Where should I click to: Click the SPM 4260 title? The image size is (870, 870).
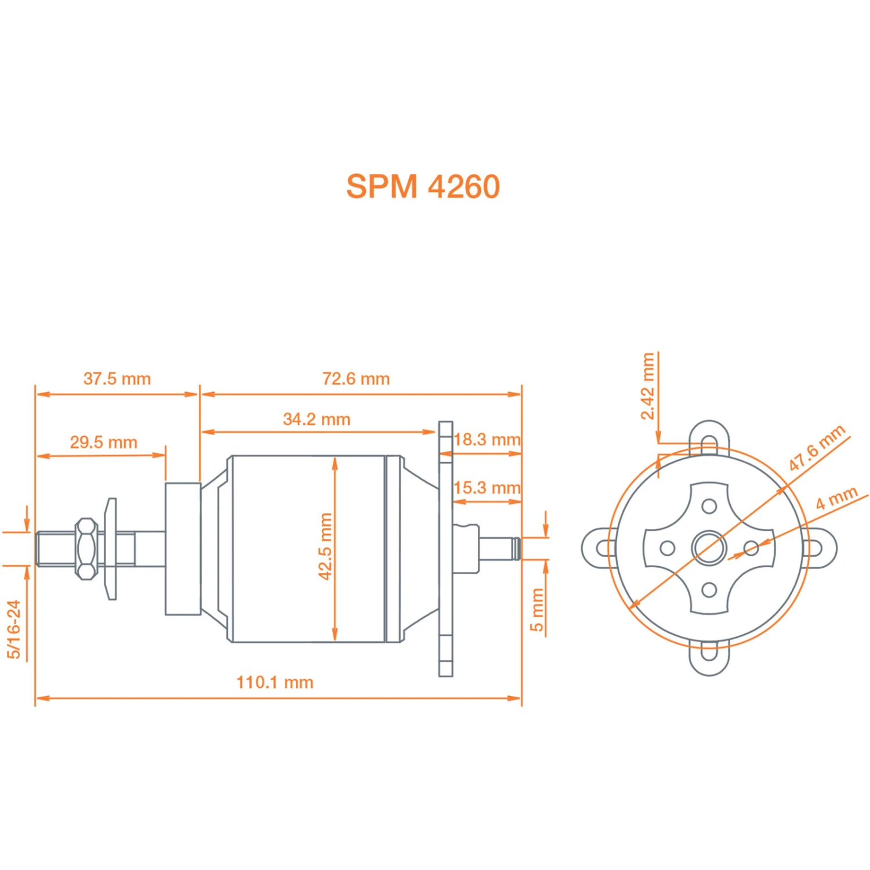pos(423,186)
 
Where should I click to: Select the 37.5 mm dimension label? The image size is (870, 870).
pos(117,379)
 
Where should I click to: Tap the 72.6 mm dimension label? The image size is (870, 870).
pos(356,379)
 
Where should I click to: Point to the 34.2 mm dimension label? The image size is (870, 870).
pos(316,419)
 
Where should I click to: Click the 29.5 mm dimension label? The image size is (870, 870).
pos(103,442)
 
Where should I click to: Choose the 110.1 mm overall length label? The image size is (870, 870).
pos(274,682)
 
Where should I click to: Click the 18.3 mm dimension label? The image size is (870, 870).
pos(487,440)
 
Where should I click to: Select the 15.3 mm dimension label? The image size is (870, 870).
pos(487,488)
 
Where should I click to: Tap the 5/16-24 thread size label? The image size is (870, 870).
pos(14,629)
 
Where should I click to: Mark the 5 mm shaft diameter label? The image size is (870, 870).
pos(536,610)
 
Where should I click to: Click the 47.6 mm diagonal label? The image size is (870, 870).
pos(816,448)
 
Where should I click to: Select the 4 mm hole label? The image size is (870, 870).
pos(836,498)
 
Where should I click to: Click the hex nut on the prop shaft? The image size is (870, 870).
pos(86,548)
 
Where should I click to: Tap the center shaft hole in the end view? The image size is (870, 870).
pos(709,548)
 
